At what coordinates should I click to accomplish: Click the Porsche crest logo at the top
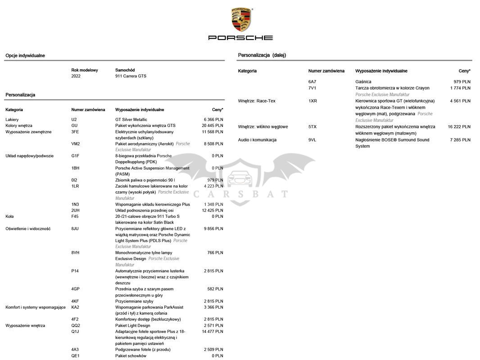tap(241, 19)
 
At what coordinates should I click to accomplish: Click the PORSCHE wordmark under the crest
tap(240, 38)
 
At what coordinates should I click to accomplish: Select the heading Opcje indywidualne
tap(25, 56)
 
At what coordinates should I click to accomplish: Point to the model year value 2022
tap(76, 76)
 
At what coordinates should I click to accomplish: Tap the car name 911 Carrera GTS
tap(131, 76)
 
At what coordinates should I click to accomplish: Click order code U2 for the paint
tap(74, 119)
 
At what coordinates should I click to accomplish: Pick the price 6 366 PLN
tap(213, 119)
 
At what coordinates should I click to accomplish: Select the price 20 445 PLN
tap(213, 126)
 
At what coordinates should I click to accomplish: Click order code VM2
tap(76, 144)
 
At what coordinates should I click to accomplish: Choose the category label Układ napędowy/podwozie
tap(29, 156)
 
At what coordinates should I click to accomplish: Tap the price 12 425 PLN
tap(213, 210)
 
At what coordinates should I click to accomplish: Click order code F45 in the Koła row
tap(75, 216)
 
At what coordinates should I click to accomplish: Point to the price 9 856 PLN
tap(213, 229)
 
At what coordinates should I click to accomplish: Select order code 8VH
tap(75, 253)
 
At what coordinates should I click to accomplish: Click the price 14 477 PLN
tap(213, 332)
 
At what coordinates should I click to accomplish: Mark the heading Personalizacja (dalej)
tap(262, 55)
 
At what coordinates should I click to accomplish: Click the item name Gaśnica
tap(363, 81)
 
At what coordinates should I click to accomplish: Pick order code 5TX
tap(312, 127)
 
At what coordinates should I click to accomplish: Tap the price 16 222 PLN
tap(459, 127)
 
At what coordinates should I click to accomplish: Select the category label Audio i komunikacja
tap(257, 140)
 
